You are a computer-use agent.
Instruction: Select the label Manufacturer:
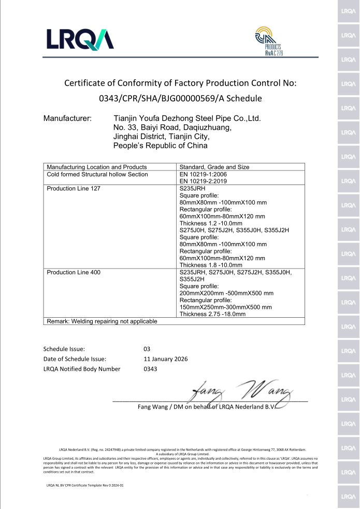coord(68,119)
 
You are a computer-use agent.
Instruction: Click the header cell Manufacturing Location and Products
coord(97,167)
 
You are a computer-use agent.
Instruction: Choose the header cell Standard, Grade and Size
coord(214,167)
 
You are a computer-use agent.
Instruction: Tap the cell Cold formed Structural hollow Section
coord(97,174)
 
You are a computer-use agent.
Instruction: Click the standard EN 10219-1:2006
coord(203,174)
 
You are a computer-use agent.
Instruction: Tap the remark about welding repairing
coord(102,321)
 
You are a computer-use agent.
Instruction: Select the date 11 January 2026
coord(166,359)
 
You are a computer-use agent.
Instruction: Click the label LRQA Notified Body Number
coord(82,369)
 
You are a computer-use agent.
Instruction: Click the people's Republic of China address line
coord(160,146)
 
